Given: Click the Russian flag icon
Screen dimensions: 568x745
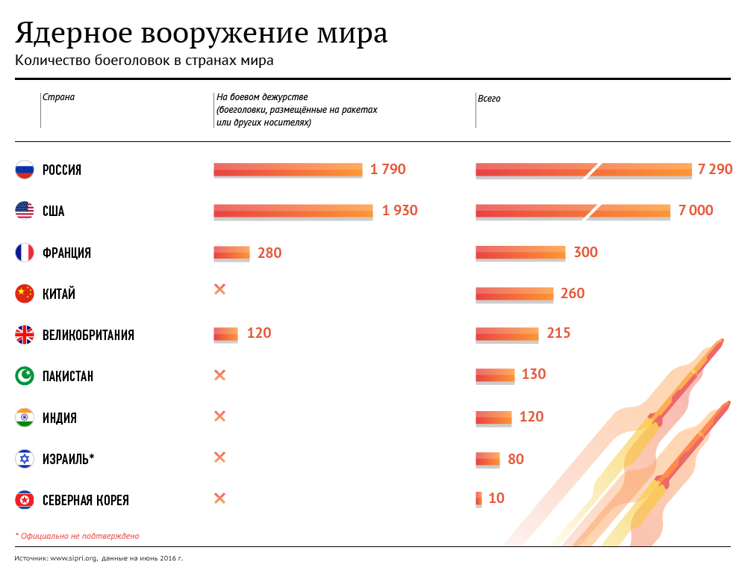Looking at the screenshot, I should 25,170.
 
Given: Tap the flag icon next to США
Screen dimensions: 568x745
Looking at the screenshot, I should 25,211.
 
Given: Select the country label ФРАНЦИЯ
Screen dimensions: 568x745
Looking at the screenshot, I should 66,253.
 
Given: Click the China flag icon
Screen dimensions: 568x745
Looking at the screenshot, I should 25,294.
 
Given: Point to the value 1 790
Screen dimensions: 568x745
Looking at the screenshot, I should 387,170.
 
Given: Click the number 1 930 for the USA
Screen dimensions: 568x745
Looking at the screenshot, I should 399,211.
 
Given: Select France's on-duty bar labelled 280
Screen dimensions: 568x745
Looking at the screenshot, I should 231,253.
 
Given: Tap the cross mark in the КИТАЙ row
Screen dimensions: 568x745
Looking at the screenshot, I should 219,289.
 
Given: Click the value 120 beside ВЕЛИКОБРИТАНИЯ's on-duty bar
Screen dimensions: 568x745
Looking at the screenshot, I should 259,333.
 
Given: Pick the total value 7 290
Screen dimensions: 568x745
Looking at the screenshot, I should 715,170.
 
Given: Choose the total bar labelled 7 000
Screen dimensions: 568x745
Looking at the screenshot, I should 573,211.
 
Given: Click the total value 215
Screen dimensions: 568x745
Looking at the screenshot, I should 558,333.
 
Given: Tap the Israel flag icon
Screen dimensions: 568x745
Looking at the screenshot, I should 25,458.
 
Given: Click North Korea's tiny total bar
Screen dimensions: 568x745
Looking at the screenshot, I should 479,498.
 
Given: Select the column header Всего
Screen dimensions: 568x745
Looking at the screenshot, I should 489,99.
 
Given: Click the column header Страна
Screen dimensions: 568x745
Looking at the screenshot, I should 58,97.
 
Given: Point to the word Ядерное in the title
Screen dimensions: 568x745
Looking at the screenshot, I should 73,34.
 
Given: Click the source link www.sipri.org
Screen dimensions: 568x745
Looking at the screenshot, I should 74,558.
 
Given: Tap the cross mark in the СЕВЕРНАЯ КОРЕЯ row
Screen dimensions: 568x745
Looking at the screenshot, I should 219,498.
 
